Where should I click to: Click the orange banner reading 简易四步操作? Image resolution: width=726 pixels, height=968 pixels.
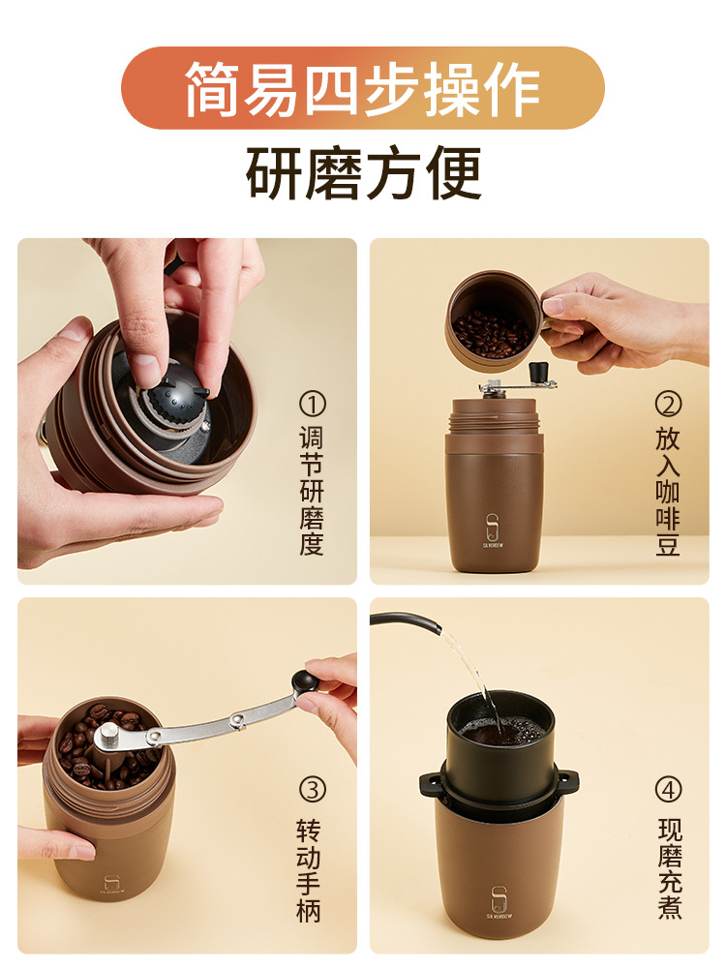point(362,88)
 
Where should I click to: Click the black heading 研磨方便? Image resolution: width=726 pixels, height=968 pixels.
point(364,172)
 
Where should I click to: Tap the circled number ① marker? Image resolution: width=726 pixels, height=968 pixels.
point(313,405)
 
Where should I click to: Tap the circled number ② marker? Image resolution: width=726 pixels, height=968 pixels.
point(668,405)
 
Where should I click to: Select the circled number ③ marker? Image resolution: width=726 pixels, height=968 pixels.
point(313,790)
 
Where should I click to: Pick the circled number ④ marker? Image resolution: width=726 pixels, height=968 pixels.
point(668,790)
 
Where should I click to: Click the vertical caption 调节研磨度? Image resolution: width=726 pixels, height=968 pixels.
point(313,491)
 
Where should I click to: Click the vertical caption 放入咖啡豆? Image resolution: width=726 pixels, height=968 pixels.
point(668,491)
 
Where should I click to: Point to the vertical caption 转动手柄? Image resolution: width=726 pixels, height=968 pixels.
point(310,870)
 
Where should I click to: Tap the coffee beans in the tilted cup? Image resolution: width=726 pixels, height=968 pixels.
point(491,334)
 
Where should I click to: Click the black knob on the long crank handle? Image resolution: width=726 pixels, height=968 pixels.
point(305,681)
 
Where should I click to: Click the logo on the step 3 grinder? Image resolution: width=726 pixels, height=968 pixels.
point(111,885)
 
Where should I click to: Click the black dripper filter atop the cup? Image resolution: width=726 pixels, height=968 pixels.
point(499,746)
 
